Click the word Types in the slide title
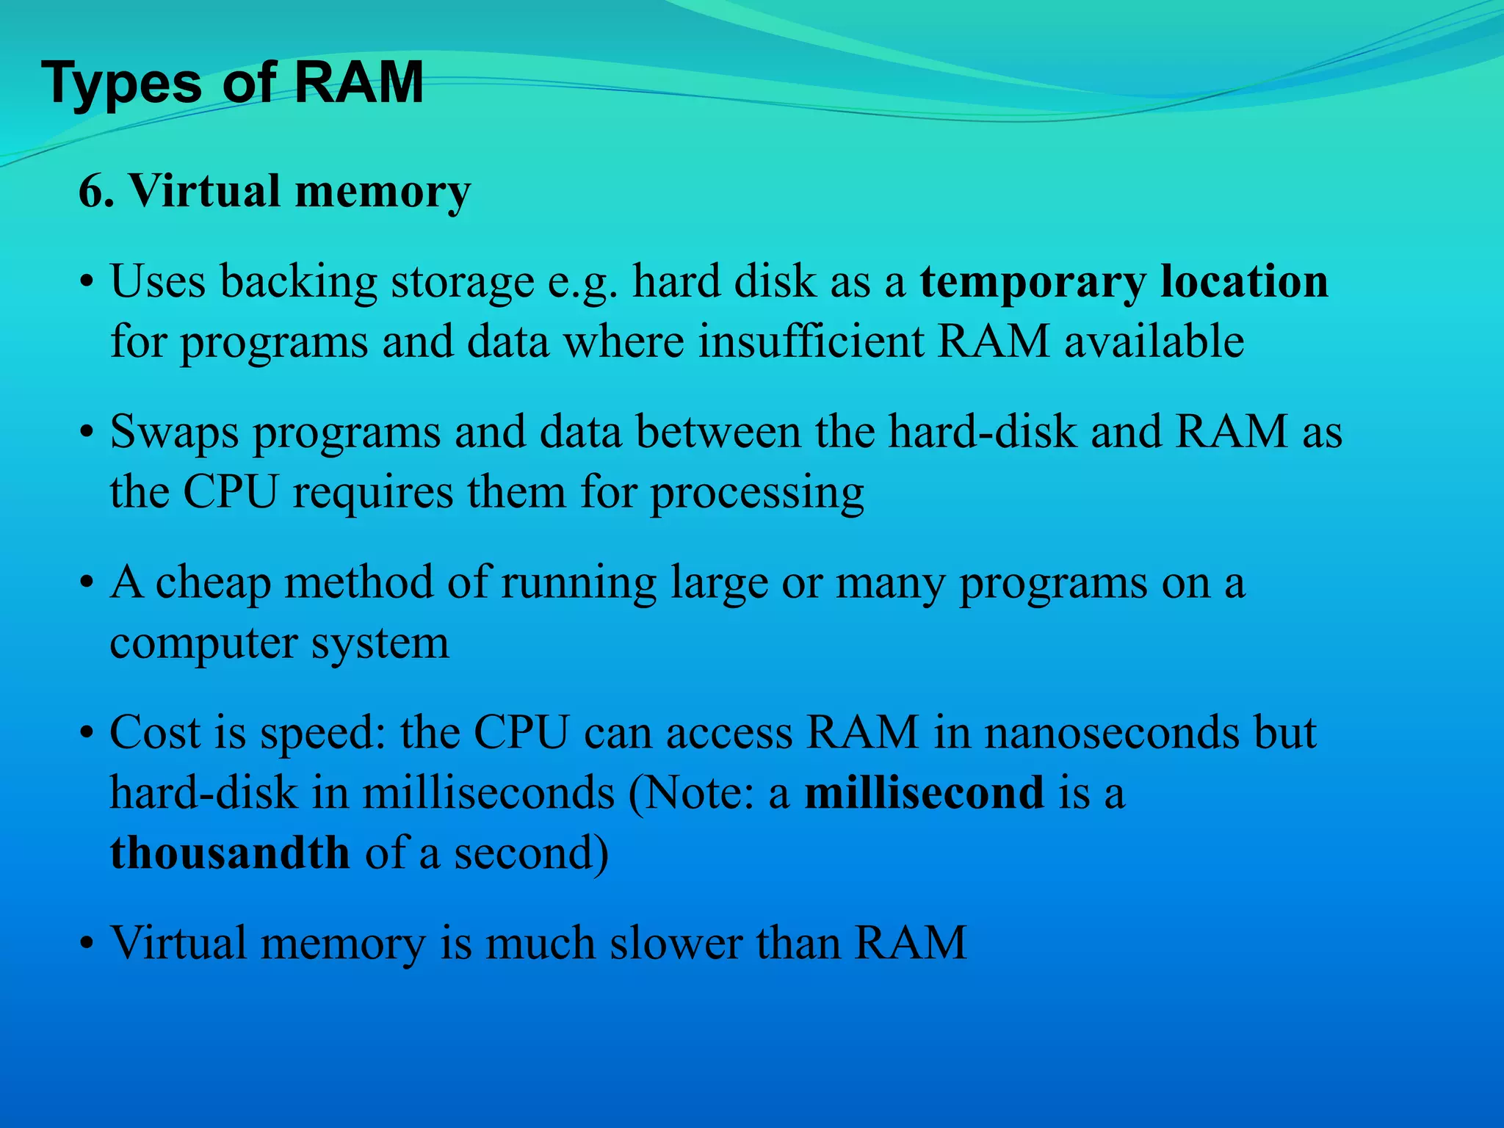pos(121,83)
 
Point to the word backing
pos(298,282)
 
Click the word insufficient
pos(811,341)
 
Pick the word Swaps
pos(174,433)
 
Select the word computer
pos(203,643)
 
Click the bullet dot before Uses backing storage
pos(87,283)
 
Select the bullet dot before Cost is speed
pos(87,734)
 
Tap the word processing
pos(757,493)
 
